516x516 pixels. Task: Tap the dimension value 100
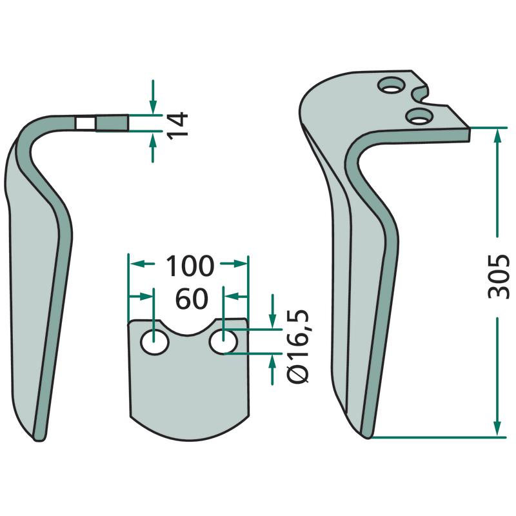[x=190, y=266]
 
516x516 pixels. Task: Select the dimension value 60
[x=192, y=299]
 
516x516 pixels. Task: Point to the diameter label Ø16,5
[x=298, y=346]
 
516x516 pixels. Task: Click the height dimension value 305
[x=498, y=277]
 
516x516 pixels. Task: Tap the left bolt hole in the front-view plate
[x=154, y=342]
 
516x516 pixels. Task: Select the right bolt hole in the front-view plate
[x=223, y=342]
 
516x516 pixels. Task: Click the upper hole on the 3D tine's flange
[x=391, y=85]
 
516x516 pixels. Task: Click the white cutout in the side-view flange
[x=86, y=123]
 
